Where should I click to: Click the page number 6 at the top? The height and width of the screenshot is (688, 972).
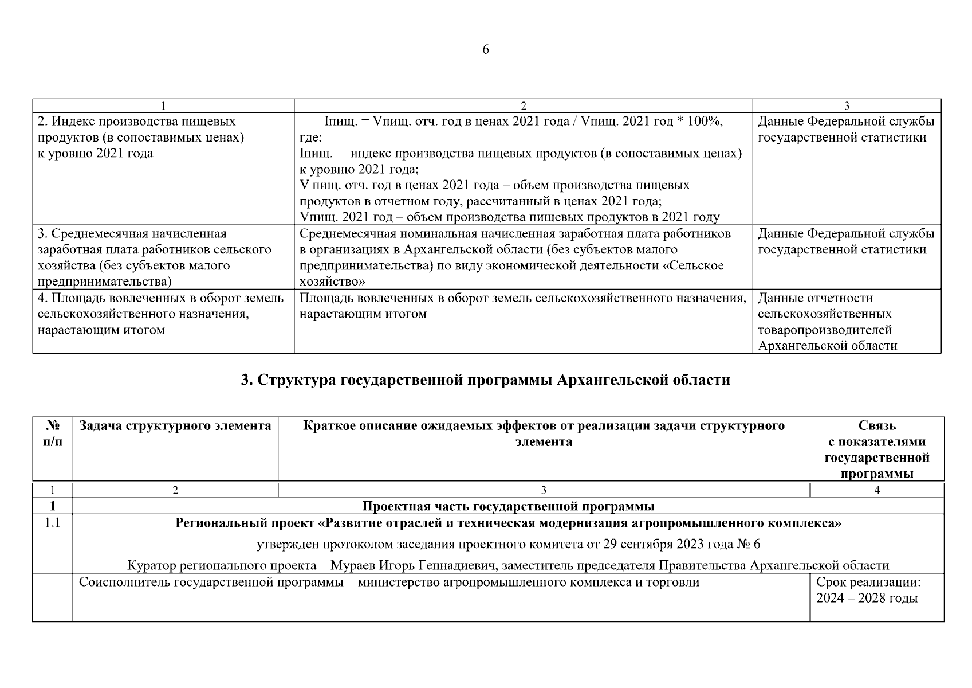pyautogui.click(x=486, y=50)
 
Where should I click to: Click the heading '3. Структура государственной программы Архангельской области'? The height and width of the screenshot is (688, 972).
pyautogui.click(x=486, y=380)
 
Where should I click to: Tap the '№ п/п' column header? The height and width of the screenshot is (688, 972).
pyautogui.click(x=53, y=434)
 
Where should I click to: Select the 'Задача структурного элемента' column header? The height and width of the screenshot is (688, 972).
pyautogui.click(x=175, y=426)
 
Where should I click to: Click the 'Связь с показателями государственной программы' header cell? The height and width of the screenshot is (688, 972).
pyautogui.click(x=876, y=450)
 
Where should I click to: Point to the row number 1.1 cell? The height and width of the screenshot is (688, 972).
pyautogui.click(x=53, y=523)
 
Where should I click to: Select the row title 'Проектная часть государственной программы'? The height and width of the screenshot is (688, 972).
pyautogui.click(x=508, y=506)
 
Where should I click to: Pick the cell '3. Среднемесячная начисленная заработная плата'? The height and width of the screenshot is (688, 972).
pyautogui.click(x=155, y=257)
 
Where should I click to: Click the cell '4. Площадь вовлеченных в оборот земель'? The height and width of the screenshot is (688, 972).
pyautogui.click(x=160, y=314)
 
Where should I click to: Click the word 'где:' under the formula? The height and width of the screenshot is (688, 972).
pyautogui.click(x=310, y=138)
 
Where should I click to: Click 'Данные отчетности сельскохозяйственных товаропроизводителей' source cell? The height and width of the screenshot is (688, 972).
pyautogui.click(x=827, y=322)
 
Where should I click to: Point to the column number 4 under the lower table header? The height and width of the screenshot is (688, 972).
pyautogui.click(x=877, y=490)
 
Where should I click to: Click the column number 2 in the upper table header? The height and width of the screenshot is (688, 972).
pyautogui.click(x=523, y=105)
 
